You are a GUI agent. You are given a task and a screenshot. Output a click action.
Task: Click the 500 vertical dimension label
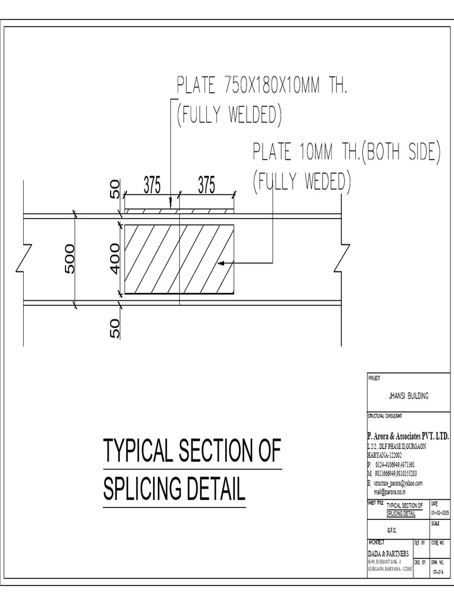(69, 258)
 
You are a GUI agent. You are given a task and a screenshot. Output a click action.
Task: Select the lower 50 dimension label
(115, 328)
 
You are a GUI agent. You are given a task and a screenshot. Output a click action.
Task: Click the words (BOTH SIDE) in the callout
(401, 152)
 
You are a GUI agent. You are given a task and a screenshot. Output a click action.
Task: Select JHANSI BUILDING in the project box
(408, 396)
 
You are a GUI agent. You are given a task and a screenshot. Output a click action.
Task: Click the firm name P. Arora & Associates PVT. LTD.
(408, 436)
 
